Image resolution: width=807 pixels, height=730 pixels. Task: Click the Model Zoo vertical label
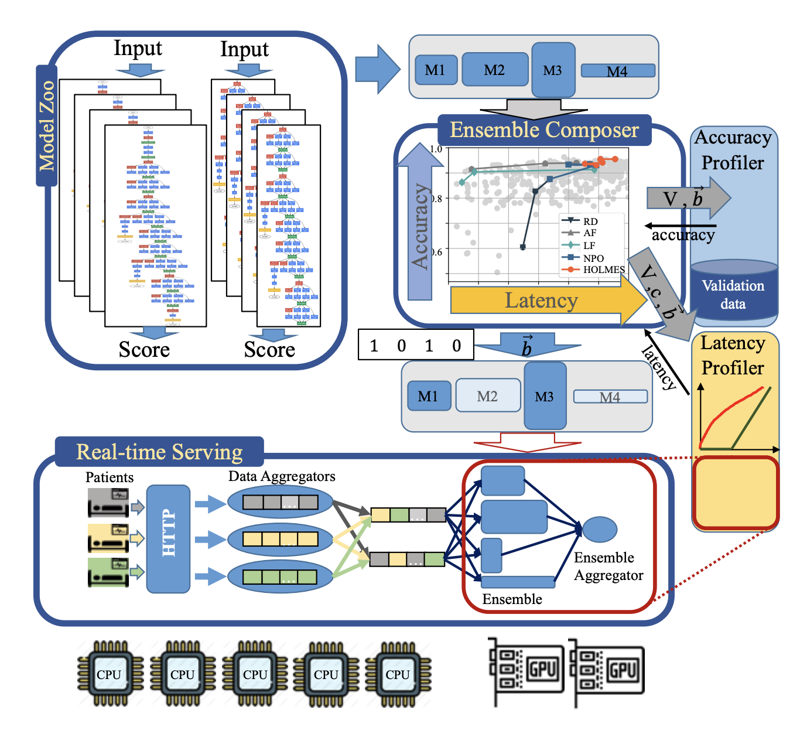tap(46, 125)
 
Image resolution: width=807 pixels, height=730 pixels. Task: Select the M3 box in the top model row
tap(553, 70)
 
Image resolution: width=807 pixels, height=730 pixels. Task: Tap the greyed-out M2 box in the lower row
tap(487, 395)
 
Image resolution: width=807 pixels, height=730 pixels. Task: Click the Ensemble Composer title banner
tap(544, 129)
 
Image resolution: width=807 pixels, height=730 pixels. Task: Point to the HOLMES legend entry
tap(603, 270)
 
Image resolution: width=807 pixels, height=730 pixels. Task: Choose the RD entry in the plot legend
tap(590, 221)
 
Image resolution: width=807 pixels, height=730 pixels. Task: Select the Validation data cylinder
tap(733, 292)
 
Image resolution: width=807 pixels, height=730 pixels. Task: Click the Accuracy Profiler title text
tap(733, 150)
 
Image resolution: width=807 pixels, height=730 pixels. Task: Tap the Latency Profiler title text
tap(733, 355)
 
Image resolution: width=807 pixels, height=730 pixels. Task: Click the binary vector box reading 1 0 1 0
tap(415, 346)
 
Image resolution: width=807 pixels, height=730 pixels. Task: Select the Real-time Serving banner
tap(159, 452)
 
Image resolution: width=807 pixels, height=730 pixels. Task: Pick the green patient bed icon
tap(109, 572)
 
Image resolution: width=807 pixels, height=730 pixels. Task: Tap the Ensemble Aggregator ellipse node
tap(599, 529)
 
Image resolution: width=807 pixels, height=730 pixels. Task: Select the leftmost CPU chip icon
tap(110, 674)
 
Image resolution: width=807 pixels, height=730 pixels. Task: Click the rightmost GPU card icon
tap(607, 671)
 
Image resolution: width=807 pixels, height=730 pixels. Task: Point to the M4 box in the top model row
tap(617, 71)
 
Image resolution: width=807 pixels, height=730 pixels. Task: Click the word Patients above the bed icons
tap(110, 477)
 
